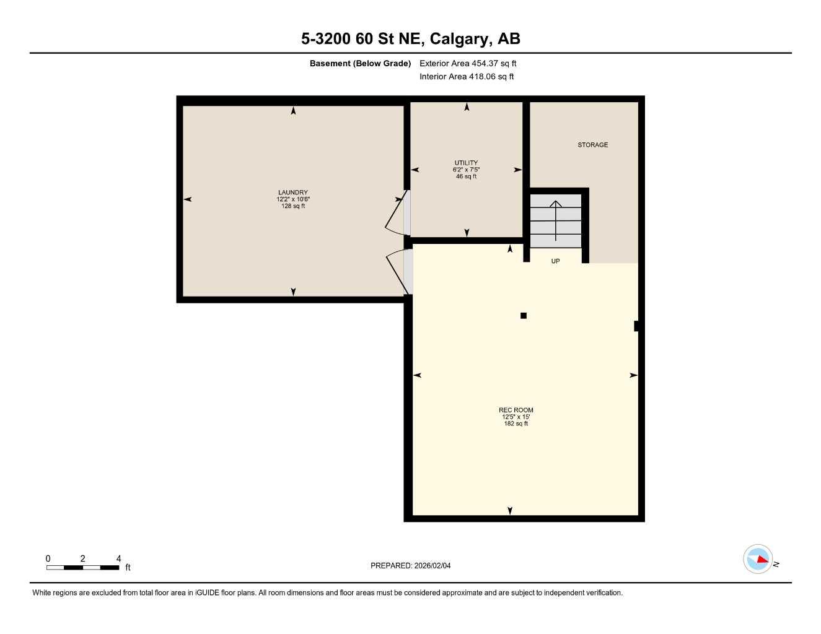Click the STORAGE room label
[x=592, y=145]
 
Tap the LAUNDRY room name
[x=293, y=193]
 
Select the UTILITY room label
[x=466, y=163]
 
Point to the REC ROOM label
[x=516, y=410]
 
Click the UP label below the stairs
[x=555, y=261]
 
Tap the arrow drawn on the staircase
[x=556, y=220]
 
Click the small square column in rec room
[x=524, y=316]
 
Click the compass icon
[x=758, y=559]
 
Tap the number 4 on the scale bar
[x=118, y=558]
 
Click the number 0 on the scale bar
[x=48, y=558]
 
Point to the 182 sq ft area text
[x=516, y=423]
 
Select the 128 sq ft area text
[x=293, y=206]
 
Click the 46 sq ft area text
[x=466, y=176]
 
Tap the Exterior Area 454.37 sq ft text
[x=468, y=63]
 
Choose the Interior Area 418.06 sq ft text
[x=467, y=77]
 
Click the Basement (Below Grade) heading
[x=360, y=63]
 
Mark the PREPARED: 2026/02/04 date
[x=410, y=565]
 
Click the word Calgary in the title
[x=458, y=39]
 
